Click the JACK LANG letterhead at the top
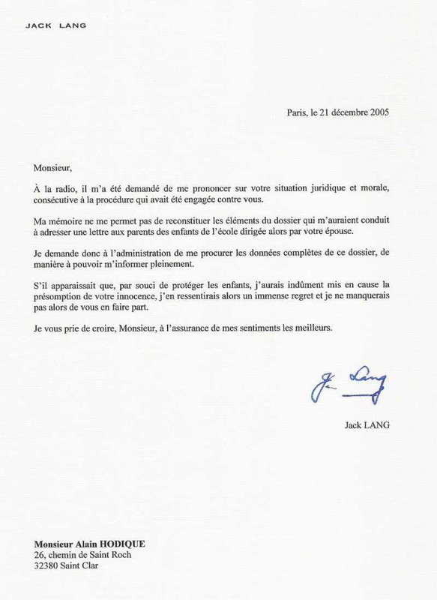(56, 25)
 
